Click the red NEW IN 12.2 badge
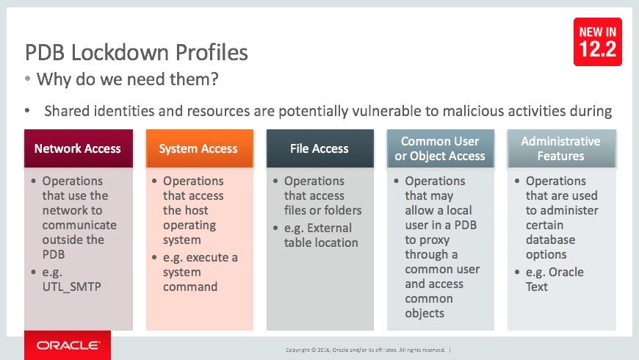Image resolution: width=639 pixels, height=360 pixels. [596, 42]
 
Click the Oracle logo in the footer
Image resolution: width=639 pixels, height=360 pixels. [68, 345]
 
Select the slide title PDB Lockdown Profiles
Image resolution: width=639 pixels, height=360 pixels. [137, 53]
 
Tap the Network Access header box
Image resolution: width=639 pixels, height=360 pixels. [78, 148]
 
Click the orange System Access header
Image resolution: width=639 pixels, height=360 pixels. [198, 148]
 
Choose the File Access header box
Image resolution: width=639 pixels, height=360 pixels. [319, 148]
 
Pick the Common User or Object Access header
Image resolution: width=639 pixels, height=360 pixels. [440, 148]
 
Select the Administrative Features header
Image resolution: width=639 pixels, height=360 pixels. [560, 148]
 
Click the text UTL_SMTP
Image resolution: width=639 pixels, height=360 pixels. [71, 287]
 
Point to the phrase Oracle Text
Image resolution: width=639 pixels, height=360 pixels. [555, 279]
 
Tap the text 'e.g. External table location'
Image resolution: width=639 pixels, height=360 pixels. [321, 235]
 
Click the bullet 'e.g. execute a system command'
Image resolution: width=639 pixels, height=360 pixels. [200, 272]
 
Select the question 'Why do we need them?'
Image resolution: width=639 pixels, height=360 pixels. [127, 79]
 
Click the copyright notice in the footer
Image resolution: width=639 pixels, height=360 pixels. [367, 350]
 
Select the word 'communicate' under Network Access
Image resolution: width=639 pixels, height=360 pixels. [79, 225]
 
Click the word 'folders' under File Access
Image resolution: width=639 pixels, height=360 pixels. [342, 210]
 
